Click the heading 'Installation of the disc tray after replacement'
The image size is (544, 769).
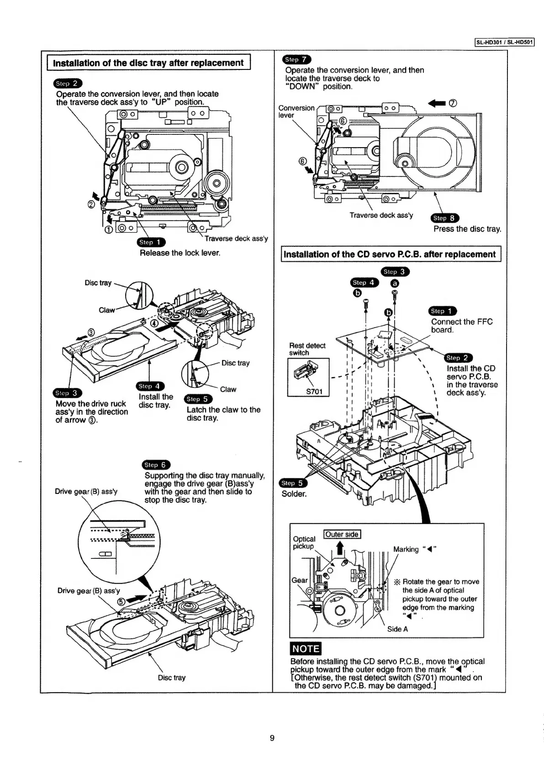[x=148, y=63]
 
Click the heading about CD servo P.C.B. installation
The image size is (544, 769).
[x=390, y=254]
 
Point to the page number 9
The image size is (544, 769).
[x=272, y=738]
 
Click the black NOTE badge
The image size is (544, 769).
[x=306, y=649]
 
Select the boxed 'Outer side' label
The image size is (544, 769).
[x=342, y=535]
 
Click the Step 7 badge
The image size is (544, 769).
[x=297, y=59]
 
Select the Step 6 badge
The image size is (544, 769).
[x=156, y=465]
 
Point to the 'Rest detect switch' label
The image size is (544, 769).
[x=307, y=349]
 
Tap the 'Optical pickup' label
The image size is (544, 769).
[x=304, y=542]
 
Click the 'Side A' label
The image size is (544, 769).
[x=397, y=629]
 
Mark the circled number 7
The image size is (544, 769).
[x=453, y=103]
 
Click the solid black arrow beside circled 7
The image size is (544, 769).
[x=437, y=103]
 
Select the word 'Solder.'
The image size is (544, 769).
[x=294, y=494]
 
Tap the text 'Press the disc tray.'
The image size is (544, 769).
[x=467, y=229]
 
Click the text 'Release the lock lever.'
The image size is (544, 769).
[x=180, y=253]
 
